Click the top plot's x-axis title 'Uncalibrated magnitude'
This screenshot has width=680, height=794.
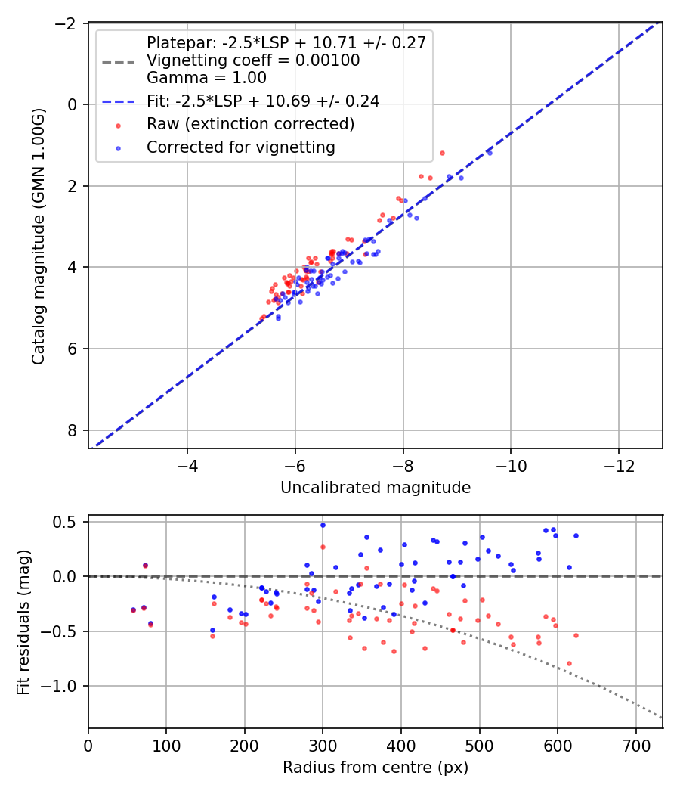(376, 488)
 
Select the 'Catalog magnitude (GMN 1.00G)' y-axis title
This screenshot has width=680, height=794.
(38, 235)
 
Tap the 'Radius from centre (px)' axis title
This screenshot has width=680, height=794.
(376, 768)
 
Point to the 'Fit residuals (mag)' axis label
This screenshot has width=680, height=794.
(23, 621)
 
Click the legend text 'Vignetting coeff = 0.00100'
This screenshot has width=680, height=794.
(253, 60)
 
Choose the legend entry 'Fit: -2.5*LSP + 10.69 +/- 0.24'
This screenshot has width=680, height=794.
(263, 101)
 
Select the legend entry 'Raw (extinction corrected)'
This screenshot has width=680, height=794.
(251, 124)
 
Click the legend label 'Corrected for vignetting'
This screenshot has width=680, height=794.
(241, 147)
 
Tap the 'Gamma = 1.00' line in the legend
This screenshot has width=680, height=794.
(206, 77)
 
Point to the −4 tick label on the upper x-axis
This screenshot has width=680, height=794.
(187, 466)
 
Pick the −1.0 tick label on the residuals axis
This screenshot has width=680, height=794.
(63, 686)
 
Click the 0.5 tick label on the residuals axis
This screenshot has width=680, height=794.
(68, 522)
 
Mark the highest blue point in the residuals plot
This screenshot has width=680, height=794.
(323, 525)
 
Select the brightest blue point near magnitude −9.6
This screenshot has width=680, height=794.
(490, 153)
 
